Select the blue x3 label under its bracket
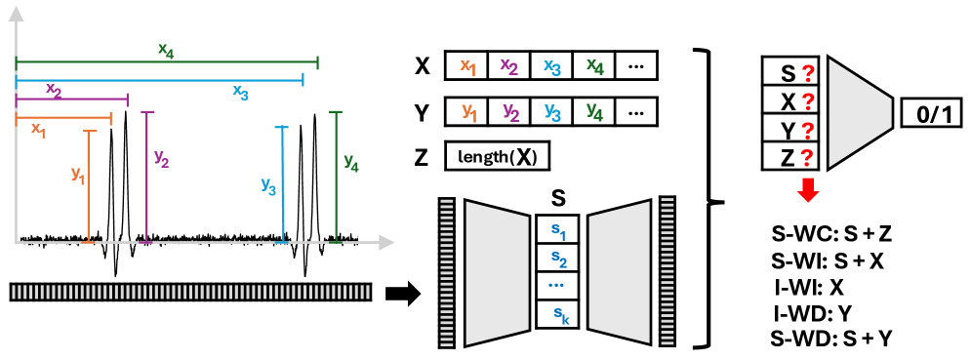pyautogui.click(x=239, y=91)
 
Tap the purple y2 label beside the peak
pyautogui.click(x=161, y=160)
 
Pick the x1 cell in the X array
pyautogui.click(x=466, y=66)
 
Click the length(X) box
pyautogui.click(x=497, y=157)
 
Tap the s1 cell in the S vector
pyautogui.click(x=558, y=231)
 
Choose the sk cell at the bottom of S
pyautogui.click(x=558, y=314)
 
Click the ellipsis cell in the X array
pyautogui.click(x=636, y=66)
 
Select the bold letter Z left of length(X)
pyautogui.click(x=422, y=157)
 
